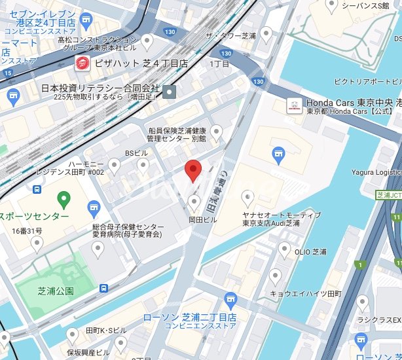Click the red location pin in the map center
tap(192, 170)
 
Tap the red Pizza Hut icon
tap(82, 63)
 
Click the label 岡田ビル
tap(202, 220)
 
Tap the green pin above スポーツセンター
tap(64, 198)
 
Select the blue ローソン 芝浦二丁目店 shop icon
tap(229, 300)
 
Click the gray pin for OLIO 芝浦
tap(284, 248)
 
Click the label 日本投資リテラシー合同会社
tap(99, 88)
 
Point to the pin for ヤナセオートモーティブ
tap(247, 197)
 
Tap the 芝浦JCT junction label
tap(389, 195)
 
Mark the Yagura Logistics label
tap(374, 171)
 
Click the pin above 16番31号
tap(37, 243)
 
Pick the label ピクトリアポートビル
tap(366, 81)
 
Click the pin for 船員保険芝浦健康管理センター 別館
tap(215, 133)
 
